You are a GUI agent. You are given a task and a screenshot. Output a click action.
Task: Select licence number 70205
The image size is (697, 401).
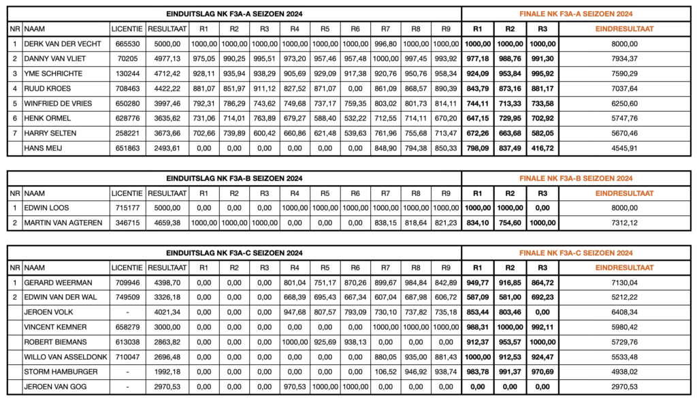pos(127,59)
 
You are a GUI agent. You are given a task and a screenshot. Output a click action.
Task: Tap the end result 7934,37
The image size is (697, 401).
pos(625,59)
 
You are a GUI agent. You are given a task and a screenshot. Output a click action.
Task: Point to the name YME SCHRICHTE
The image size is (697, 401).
pos(52,74)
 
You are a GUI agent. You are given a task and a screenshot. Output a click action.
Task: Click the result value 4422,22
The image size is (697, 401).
pos(167,89)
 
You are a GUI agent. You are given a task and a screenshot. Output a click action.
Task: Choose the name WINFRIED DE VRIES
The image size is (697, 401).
pos(57,103)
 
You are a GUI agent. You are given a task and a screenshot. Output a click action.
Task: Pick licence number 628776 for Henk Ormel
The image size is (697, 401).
pos(127,118)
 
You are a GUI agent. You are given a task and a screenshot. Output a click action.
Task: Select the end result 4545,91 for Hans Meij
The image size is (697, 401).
pos(625,148)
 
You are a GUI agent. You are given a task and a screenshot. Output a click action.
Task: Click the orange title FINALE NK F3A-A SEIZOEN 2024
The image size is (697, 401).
pos(576,13)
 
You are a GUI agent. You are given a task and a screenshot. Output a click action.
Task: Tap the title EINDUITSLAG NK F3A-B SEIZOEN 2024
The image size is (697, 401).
pos(234,178)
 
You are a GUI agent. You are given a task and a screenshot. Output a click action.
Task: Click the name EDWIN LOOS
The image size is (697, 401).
pos(46,208)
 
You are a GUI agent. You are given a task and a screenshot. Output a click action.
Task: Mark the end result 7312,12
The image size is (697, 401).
pos(625,223)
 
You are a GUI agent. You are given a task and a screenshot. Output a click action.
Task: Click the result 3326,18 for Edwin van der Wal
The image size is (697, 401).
pos(167,298)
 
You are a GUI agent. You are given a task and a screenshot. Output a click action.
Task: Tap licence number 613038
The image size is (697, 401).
pos(127,342)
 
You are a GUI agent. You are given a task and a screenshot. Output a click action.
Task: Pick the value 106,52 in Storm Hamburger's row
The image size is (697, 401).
pos(386,372)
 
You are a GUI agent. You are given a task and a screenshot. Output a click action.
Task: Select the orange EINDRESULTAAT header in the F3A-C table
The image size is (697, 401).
pos(625,268)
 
